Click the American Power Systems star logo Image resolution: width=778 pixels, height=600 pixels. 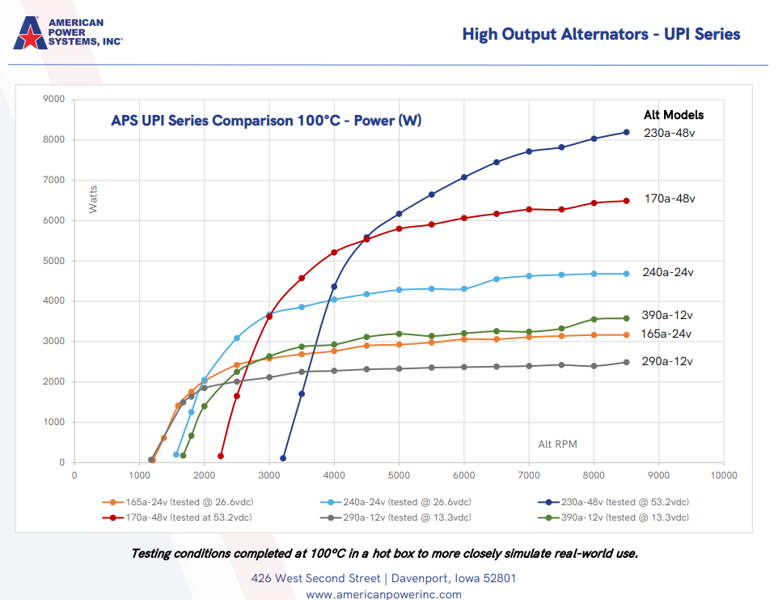[x=29, y=32]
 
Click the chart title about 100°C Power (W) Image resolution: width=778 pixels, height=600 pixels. [x=266, y=121]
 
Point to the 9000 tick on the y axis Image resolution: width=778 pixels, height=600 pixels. [x=55, y=100]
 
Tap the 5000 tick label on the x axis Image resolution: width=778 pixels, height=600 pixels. [x=399, y=476]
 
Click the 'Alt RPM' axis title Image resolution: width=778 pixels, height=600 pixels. [x=558, y=445]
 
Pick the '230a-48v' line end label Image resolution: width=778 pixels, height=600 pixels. [x=669, y=133]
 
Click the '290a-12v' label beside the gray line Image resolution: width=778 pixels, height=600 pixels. [x=668, y=361]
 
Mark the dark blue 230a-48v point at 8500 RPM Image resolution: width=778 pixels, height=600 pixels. [x=626, y=132]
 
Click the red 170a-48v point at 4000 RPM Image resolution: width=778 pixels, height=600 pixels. [x=334, y=253]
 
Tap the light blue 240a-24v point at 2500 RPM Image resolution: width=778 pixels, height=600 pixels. [x=237, y=338]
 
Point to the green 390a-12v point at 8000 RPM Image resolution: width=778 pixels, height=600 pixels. [x=594, y=319]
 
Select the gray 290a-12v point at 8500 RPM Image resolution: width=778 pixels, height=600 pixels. [x=626, y=362]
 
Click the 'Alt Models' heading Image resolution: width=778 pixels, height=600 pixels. [x=674, y=115]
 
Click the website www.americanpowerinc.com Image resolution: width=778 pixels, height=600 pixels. [x=383, y=594]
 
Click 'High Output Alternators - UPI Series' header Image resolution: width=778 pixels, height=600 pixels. [x=601, y=34]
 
